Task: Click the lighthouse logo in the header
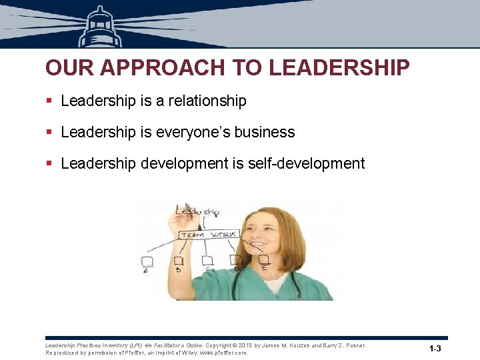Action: pos(101,27)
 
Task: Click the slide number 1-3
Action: pos(435,349)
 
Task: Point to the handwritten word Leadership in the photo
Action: pos(197,211)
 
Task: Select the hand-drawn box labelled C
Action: pos(207,260)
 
